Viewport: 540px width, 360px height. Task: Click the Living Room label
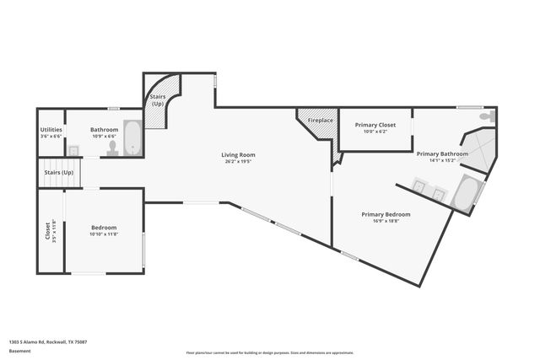tap(238, 154)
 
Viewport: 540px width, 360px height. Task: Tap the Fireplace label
tap(320, 121)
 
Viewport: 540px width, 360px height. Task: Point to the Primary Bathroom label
tap(442, 153)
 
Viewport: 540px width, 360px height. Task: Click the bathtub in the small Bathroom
tap(133, 138)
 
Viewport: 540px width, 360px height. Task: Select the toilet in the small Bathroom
tap(112, 146)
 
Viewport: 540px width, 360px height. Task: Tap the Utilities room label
tap(51, 130)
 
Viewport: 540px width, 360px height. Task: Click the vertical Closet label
tap(47, 230)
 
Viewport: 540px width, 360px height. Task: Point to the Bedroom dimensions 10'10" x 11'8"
tap(104, 234)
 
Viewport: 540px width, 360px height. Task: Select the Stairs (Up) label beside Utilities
tap(58, 173)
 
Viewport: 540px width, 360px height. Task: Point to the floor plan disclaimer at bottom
tap(269, 352)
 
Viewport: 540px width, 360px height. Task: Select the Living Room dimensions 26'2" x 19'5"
tap(238, 161)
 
